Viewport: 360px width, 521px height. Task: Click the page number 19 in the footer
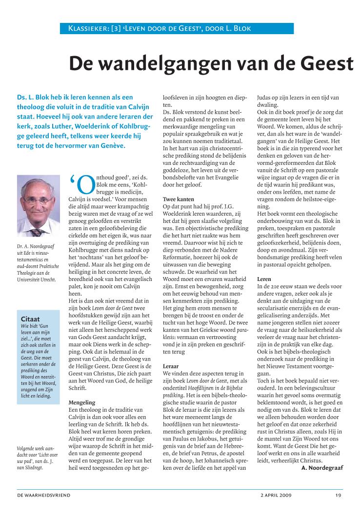[338, 495]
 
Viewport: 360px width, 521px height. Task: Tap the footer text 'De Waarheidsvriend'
[44, 495]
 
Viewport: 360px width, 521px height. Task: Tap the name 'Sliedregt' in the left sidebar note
[35, 469]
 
